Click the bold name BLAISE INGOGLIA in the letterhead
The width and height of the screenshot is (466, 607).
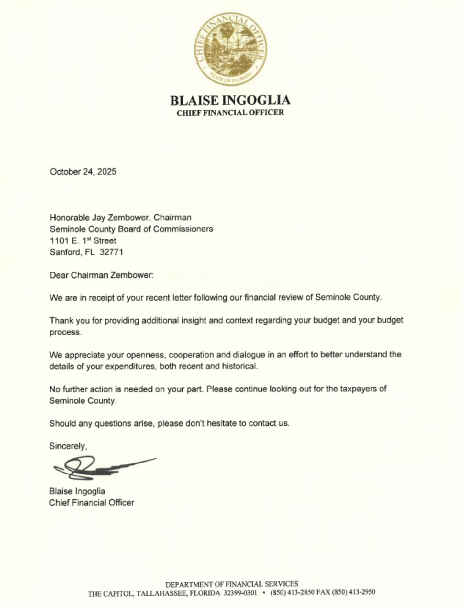click(x=230, y=100)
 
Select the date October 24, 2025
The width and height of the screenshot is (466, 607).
click(x=83, y=172)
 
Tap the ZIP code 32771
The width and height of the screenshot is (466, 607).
click(x=111, y=252)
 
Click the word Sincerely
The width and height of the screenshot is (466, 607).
click(x=67, y=446)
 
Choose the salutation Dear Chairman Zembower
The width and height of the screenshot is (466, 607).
click(x=101, y=275)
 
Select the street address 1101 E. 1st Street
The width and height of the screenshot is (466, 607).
click(x=83, y=240)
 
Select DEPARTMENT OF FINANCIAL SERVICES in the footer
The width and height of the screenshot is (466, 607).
click(x=231, y=584)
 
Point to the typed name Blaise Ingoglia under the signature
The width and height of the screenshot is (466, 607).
click(x=77, y=491)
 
